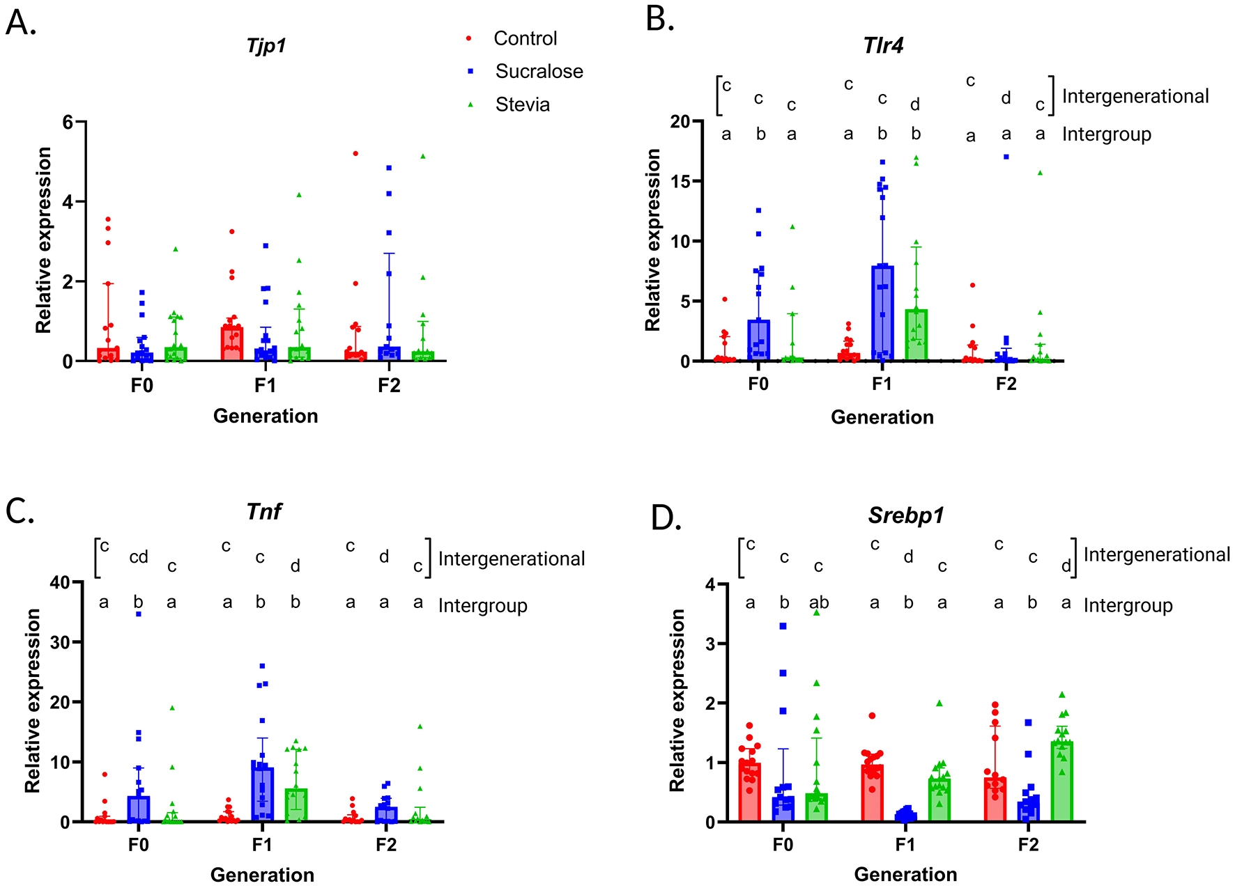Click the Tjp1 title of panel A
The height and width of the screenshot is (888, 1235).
(266, 46)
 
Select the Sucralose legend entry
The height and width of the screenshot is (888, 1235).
(539, 71)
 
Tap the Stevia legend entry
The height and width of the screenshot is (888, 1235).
(522, 104)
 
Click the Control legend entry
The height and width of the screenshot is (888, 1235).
(525, 38)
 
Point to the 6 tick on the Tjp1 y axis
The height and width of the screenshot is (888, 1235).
(68, 122)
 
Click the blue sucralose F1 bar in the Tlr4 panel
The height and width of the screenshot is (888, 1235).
(882, 313)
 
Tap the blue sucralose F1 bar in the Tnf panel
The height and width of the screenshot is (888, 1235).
(262, 794)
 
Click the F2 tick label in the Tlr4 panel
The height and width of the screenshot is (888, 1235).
(1006, 384)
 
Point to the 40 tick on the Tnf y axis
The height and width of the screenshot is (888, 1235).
(60, 583)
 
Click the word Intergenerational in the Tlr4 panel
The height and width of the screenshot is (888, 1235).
(1135, 96)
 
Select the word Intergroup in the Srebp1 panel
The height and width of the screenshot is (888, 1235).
(1128, 606)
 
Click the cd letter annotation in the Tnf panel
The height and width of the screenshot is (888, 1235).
(139, 557)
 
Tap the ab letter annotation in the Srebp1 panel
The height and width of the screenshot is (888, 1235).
(819, 603)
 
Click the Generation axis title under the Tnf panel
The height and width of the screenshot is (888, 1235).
(262, 875)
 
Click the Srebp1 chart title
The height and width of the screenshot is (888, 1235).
(905, 515)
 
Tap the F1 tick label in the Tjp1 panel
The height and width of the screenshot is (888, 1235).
(265, 385)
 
